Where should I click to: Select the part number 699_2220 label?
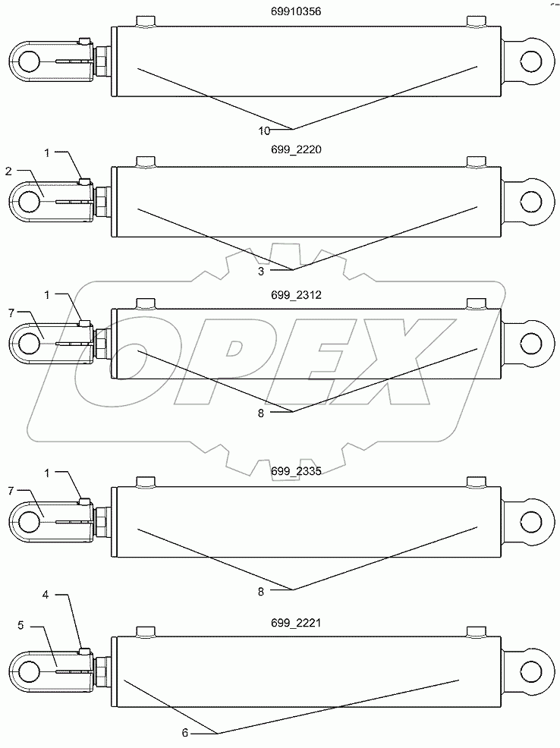pyautogui.click(x=296, y=149)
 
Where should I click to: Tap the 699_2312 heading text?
pyautogui.click(x=296, y=297)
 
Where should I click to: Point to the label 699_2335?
pyautogui.click(x=296, y=471)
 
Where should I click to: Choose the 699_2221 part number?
pyautogui.click(x=296, y=622)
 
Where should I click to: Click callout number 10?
pyautogui.click(x=263, y=130)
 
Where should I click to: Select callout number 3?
pyautogui.click(x=260, y=271)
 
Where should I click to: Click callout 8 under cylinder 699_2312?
pyautogui.click(x=262, y=413)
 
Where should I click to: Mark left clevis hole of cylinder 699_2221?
pyautogui.click(x=29, y=671)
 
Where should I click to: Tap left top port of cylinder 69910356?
pyautogui.click(x=145, y=21)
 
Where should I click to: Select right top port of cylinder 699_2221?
pyautogui.click(x=476, y=631)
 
